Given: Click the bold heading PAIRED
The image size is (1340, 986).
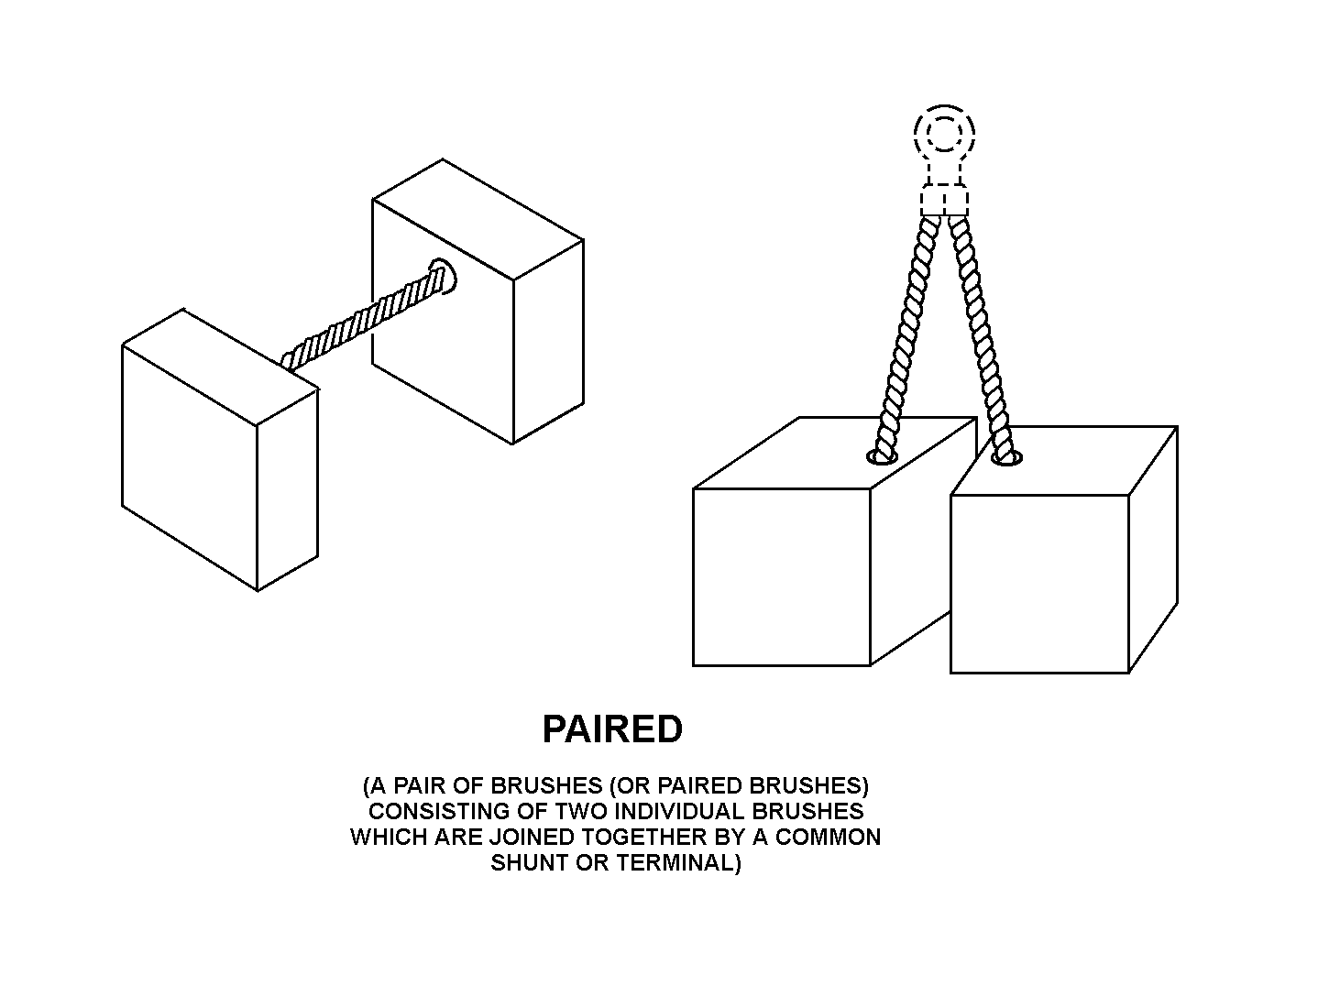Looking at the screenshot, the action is tap(612, 729).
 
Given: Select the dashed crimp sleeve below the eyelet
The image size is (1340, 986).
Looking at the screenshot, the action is tap(944, 201).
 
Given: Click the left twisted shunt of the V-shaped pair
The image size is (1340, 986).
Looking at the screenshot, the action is tap(906, 338).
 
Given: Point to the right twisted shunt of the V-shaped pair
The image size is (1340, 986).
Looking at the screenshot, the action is tap(981, 338).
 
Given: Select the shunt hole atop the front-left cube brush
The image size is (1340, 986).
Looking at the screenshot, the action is tap(883, 458).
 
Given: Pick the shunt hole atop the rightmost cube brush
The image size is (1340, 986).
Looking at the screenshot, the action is tap(1006, 459).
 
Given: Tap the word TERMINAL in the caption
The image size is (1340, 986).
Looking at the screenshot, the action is tap(679, 863).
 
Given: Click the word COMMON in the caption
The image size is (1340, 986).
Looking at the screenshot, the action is tap(828, 837).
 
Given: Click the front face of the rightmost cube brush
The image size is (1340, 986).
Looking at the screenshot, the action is tap(1039, 585).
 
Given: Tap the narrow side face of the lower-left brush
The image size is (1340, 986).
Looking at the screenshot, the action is tap(288, 489).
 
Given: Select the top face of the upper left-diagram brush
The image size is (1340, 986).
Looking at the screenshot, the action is tap(478, 219).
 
